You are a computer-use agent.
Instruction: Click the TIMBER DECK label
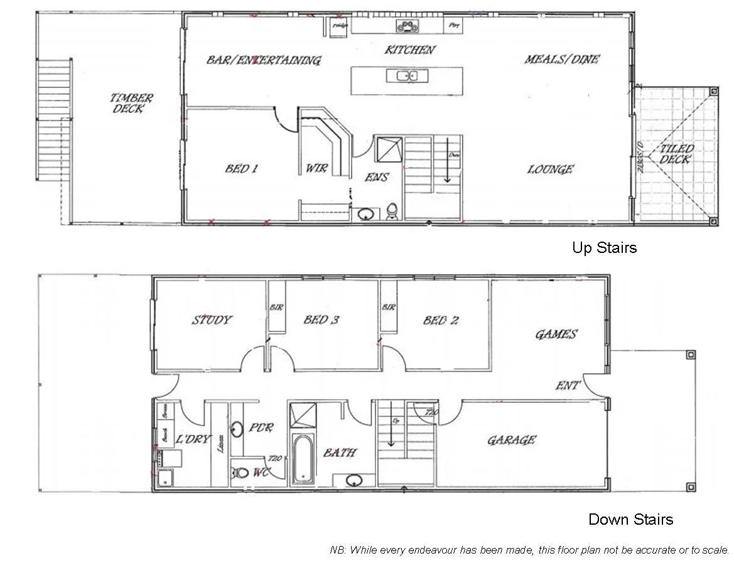point(131,103)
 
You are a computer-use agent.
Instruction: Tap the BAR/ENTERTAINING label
point(263,60)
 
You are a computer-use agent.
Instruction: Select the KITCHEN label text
point(409,50)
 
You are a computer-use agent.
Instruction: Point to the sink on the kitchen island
point(407,77)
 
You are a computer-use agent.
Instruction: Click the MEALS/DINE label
point(561,60)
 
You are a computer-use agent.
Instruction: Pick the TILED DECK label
point(676,154)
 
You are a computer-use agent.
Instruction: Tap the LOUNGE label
point(550,169)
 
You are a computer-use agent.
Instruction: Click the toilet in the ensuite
point(392,212)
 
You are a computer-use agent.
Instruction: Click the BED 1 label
point(241,169)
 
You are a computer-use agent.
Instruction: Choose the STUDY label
point(212,320)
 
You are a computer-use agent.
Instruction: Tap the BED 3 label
point(321,320)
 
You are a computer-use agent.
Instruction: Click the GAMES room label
point(555,335)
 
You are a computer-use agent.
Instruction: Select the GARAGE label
point(511,440)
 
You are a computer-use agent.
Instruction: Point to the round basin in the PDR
point(237,429)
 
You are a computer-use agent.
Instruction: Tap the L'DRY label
point(193,439)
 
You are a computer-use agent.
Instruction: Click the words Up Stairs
point(603,248)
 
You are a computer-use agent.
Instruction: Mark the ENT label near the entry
point(568,385)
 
